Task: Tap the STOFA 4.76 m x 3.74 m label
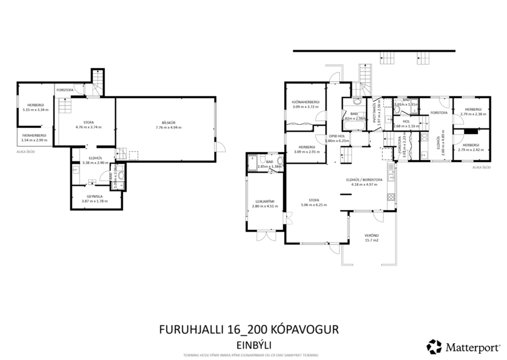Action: click(88, 123)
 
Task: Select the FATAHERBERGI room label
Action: click(34, 135)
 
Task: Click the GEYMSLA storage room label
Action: click(95, 196)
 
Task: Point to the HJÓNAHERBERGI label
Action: click(306, 102)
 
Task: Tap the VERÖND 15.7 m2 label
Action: click(371, 236)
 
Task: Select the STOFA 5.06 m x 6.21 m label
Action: click(314, 200)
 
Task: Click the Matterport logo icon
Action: click(434, 347)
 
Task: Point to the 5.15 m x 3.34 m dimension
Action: click(35, 110)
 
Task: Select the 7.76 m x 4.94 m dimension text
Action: click(167, 127)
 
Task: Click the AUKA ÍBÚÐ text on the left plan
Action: click(26, 152)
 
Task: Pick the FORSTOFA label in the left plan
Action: click(64, 90)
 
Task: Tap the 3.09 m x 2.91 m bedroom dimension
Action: click(306, 152)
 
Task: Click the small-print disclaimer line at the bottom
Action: click(251, 355)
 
